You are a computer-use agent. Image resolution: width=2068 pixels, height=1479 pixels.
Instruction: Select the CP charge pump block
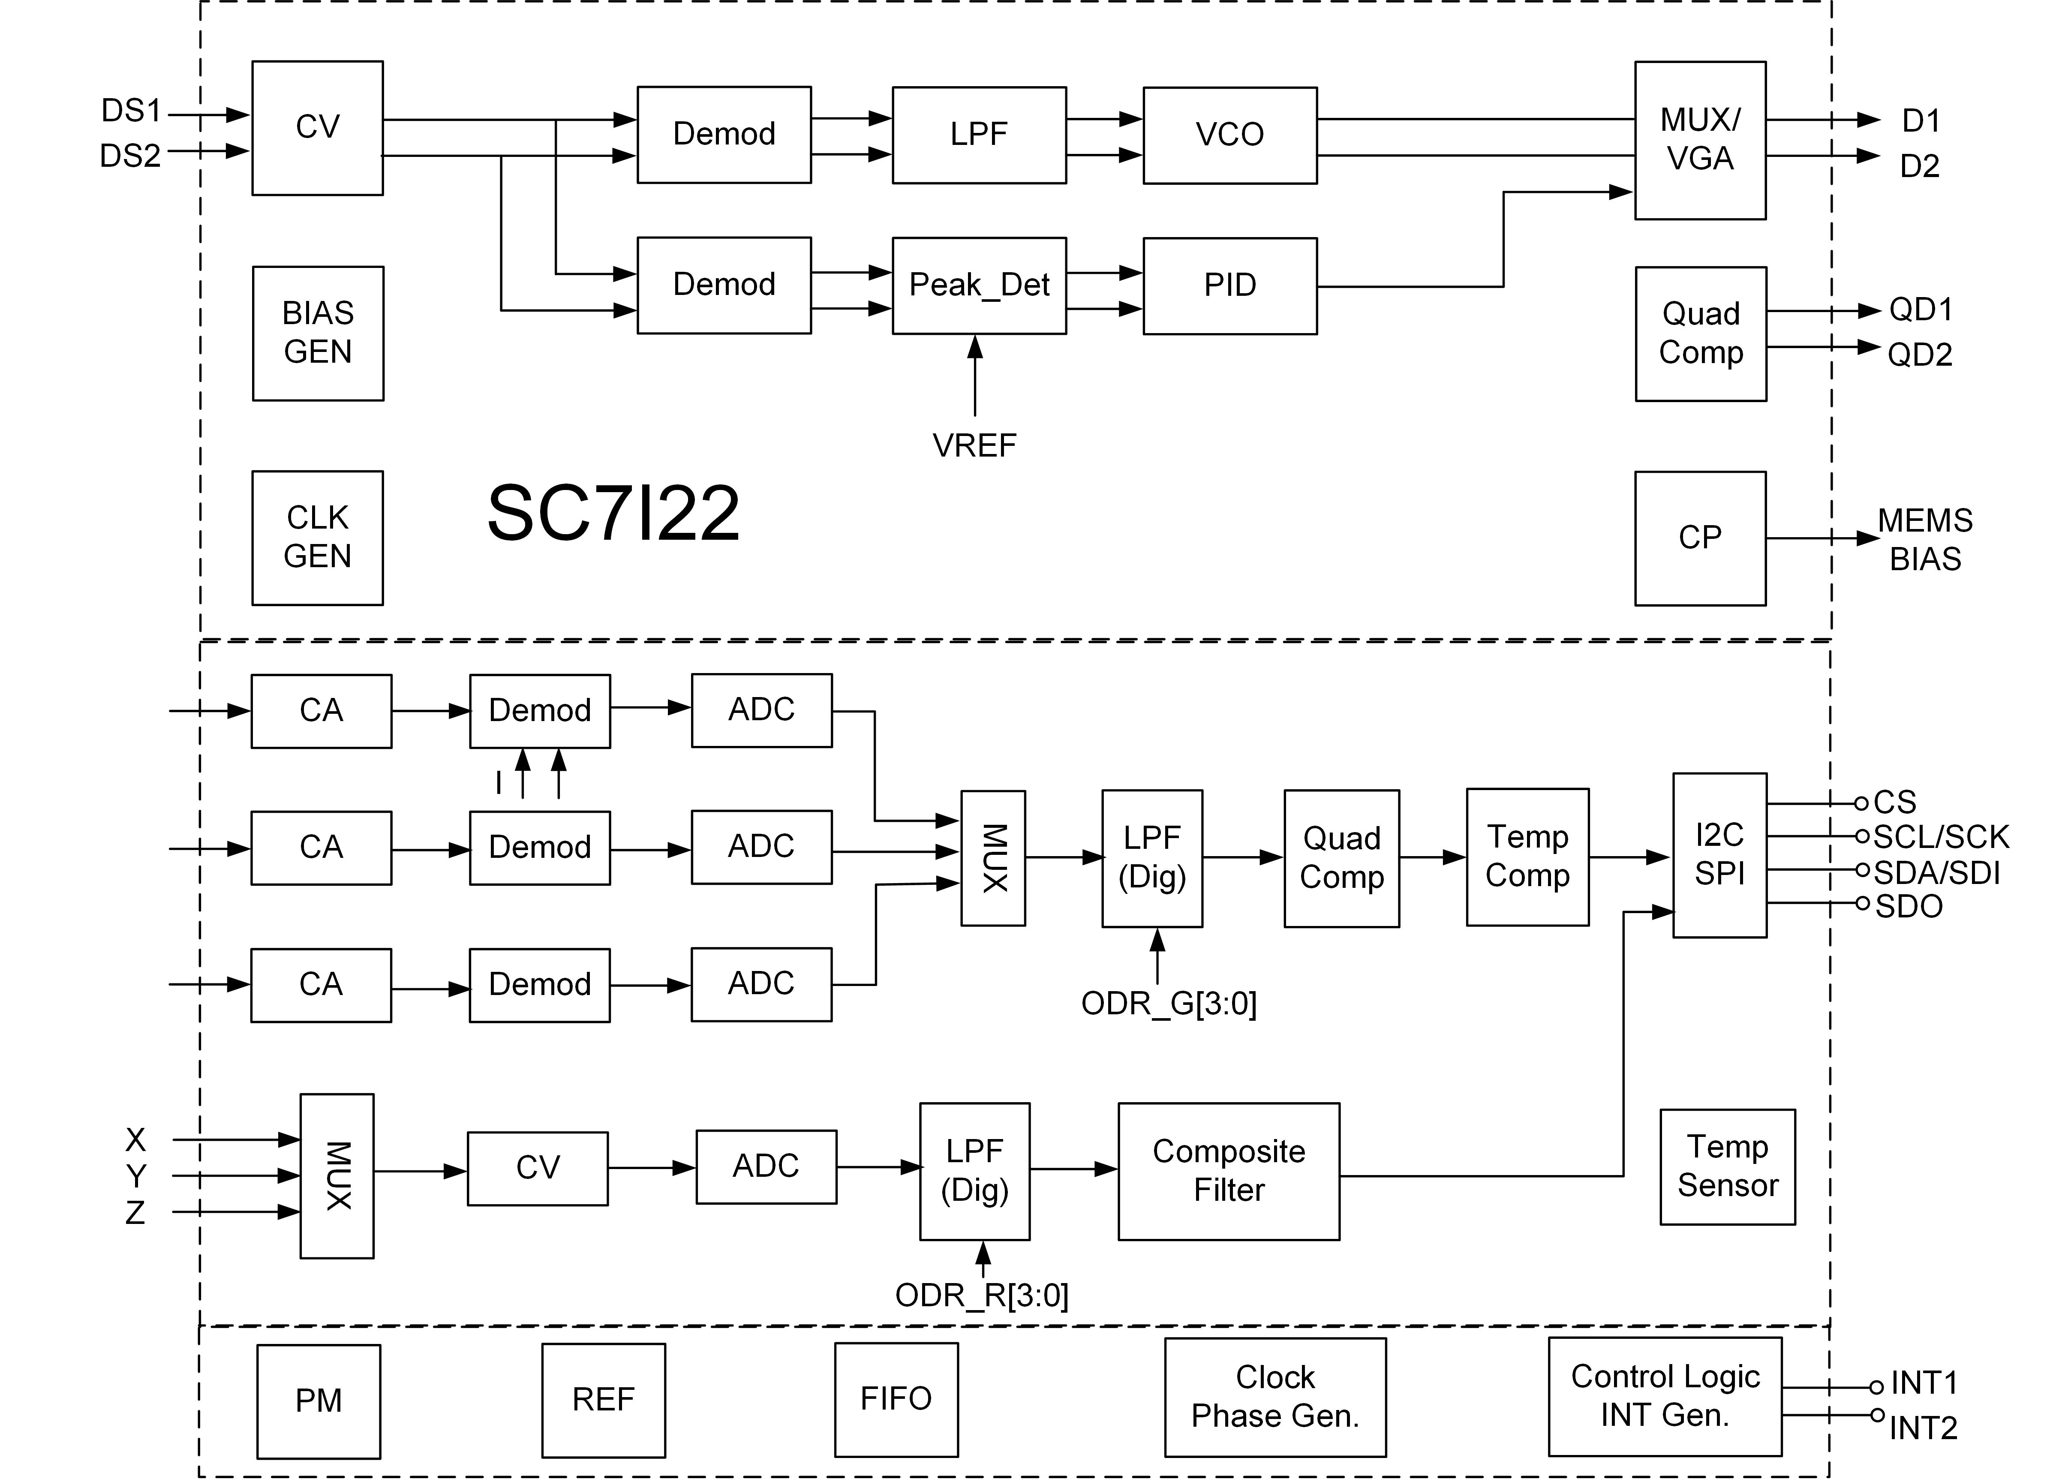1700,537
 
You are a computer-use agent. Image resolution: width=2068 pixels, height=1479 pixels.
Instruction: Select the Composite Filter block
1229,1170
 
